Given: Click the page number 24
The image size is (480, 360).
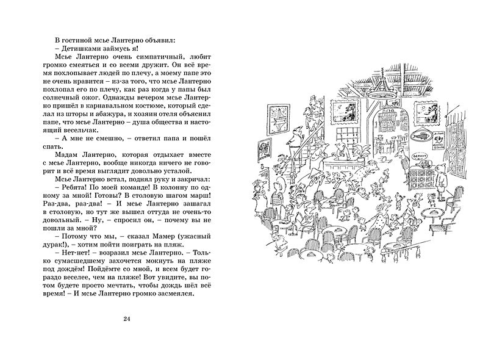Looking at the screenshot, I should [126, 319].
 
